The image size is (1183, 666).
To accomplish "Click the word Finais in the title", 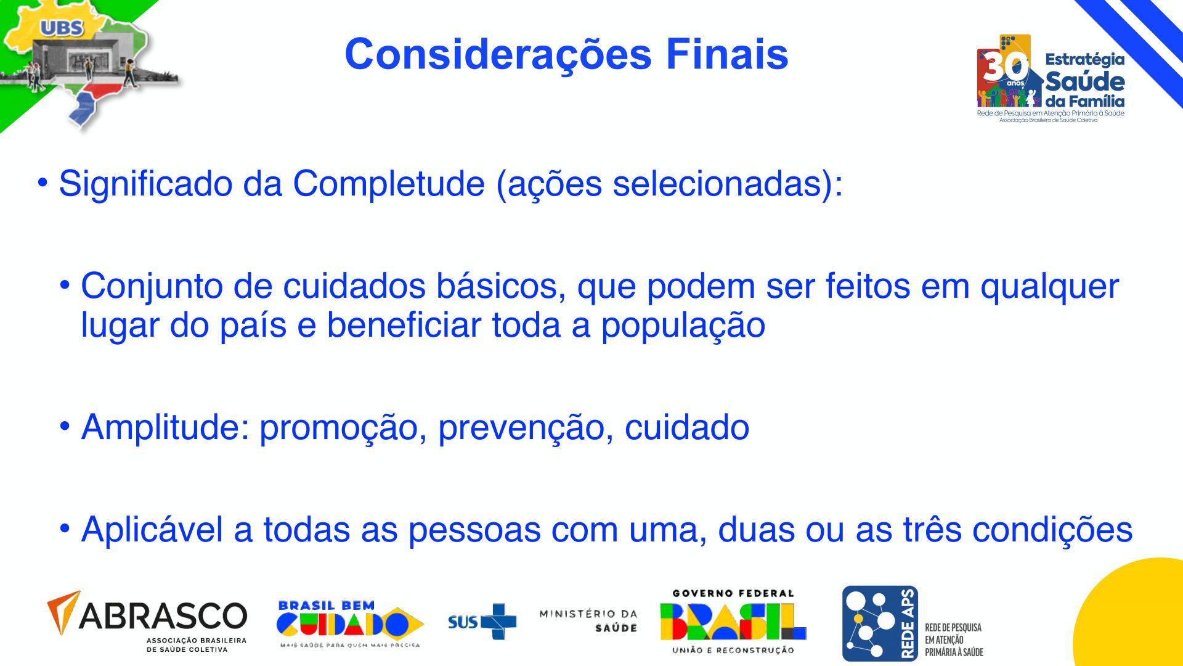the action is [727, 54].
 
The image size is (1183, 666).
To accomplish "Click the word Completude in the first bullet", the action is [389, 184].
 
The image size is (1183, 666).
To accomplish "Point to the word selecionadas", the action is [717, 184].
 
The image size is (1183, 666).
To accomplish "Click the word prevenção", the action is [526, 427].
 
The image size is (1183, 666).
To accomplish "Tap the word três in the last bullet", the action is [929, 529].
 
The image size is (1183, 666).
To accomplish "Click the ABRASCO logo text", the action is [163, 615].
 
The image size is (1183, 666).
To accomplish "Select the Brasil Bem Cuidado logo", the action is [349, 624].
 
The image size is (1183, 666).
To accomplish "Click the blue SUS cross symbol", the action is [499, 622].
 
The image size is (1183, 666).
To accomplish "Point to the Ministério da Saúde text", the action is [588, 621].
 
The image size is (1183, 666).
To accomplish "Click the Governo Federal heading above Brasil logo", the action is [733, 593].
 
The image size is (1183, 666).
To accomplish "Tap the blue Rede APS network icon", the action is [880, 623].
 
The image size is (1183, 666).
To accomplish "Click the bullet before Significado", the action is [42, 183].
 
